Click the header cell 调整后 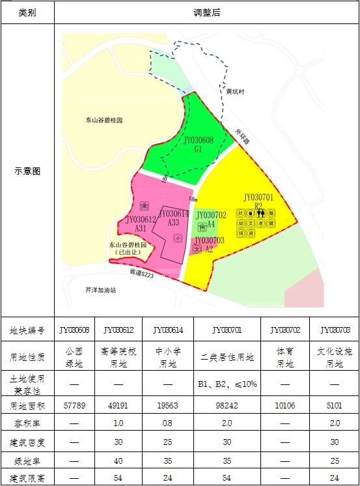pos(207,12)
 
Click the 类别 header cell pos(27,12)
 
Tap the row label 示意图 pos(27,171)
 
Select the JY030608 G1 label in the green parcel pos(198,145)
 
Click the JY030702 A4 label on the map pos(211,219)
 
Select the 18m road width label pos(192,199)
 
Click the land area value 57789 pos(74,404)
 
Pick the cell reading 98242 pos(227,404)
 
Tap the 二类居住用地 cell pos(227,357)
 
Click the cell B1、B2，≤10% pos(227,384)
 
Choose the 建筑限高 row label pos(27,478)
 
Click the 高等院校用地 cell pos(118,357)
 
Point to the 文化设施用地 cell pos(334,357)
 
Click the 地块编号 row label pos(27,330)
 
